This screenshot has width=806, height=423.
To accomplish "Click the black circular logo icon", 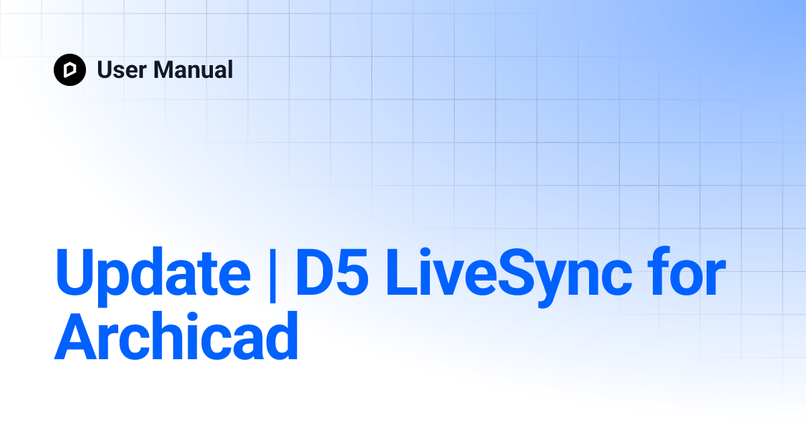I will [x=70, y=70].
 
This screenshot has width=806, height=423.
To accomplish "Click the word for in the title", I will [x=692, y=275].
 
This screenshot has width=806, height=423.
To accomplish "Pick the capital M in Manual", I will [x=164, y=70].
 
